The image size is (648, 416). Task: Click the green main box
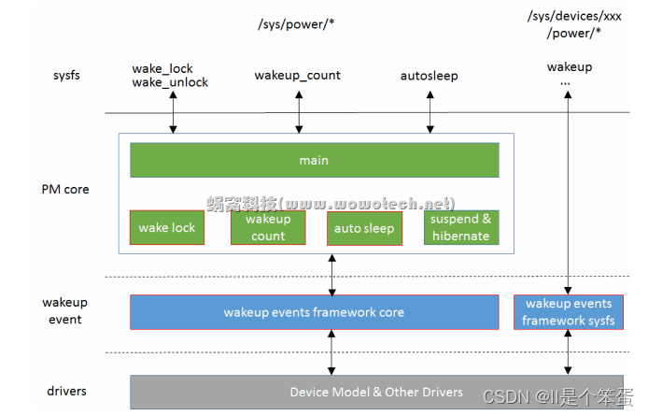pos(314,160)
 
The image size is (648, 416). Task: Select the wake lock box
pos(167,227)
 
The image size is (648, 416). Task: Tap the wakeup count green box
pos(268,227)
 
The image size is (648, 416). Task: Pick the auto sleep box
pos(365,227)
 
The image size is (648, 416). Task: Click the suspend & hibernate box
pos(461,227)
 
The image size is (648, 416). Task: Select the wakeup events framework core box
pos(314,312)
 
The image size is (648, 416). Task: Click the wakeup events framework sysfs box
pos(569,312)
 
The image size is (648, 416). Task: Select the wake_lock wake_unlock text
pos(171,75)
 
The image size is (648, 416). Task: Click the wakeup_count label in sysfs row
pos(298,75)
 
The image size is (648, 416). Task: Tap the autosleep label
pos(430,76)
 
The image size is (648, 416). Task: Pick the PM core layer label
pos(65,189)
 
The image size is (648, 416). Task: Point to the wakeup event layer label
pos(64,310)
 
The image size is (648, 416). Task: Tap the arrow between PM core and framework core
pos(333,274)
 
